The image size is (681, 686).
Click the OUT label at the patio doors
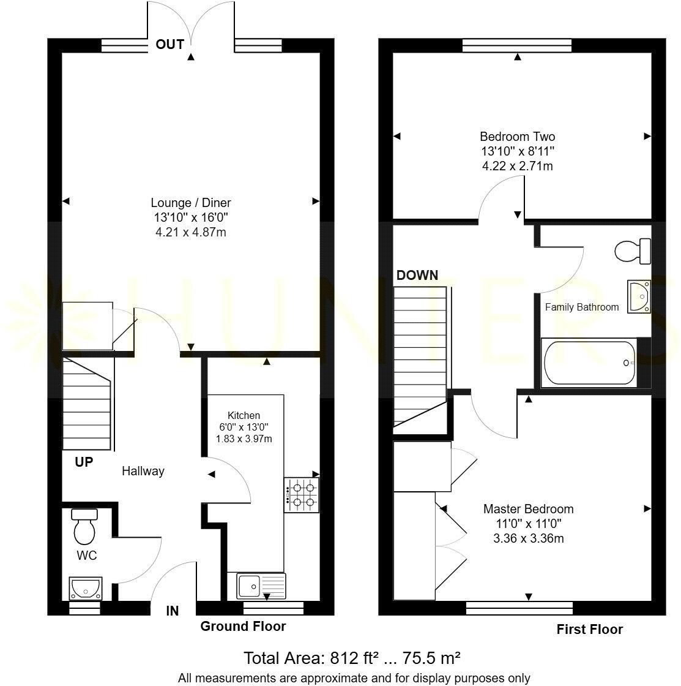[x=170, y=44]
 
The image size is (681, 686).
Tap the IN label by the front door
[x=173, y=611]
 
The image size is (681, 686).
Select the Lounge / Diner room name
[x=191, y=203]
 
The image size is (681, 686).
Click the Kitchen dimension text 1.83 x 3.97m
[x=244, y=439]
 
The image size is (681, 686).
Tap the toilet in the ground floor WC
[x=85, y=527]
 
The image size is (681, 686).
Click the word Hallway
[x=143, y=471]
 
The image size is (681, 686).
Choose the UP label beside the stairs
[x=84, y=462]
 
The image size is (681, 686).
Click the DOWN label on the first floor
[x=417, y=275]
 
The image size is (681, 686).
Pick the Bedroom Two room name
[x=518, y=137]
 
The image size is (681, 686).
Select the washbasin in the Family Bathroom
[x=639, y=296]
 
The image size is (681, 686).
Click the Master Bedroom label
[x=529, y=508]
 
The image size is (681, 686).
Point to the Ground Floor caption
[x=243, y=626]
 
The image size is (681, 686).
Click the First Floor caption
[x=589, y=629]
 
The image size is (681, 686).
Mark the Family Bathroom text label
[x=582, y=307]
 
